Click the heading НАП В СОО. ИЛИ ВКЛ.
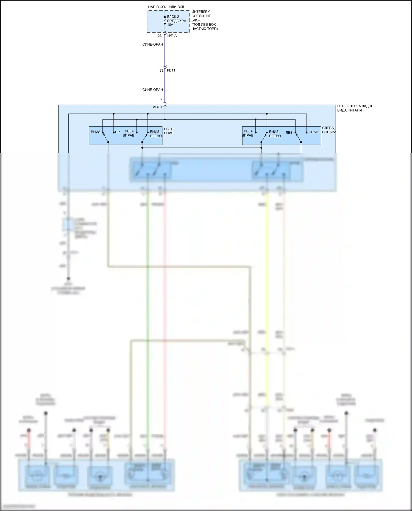166,7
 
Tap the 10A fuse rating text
170,25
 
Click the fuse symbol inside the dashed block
165,21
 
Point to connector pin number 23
160,36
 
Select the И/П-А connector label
172,36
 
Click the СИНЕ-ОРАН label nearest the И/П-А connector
152,44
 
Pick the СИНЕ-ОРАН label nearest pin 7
152,90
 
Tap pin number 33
161,71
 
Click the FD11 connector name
171,70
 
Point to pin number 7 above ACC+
161,100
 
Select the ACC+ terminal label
157,107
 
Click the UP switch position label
118,132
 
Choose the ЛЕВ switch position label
289,133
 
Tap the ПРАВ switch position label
313,132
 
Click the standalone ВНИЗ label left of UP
96,132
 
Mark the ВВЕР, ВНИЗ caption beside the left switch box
169,131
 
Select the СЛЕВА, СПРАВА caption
329,130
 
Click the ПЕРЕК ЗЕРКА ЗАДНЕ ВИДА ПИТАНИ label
355,108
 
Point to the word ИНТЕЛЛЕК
201,12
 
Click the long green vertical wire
148,302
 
